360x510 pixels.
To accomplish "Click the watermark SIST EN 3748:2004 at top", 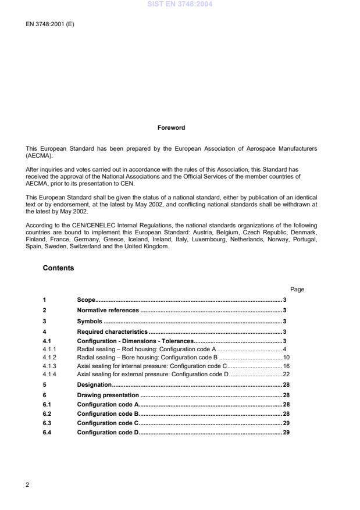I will pyautogui.click(x=180, y=4).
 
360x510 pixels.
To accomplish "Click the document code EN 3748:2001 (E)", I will pyautogui.click(x=49, y=24).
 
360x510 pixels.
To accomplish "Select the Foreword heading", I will pyautogui.click(x=171, y=128).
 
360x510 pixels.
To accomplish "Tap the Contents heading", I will pyautogui.click(x=58, y=268).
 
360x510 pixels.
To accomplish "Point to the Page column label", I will pyautogui.click(x=297, y=289).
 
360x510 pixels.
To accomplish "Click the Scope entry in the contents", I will pyautogui.click(x=86, y=299).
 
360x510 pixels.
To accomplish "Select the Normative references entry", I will pyautogui.click(x=108, y=311).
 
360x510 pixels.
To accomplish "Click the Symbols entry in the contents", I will pyautogui.click(x=90, y=321).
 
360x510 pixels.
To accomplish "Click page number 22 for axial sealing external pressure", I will pyautogui.click(x=286, y=375).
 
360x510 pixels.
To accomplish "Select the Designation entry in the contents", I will pyautogui.click(x=94, y=385).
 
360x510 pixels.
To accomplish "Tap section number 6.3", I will pyautogui.click(x=47, y=423).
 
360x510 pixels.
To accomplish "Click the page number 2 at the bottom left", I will pyautogui.click(x=27, y=484).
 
